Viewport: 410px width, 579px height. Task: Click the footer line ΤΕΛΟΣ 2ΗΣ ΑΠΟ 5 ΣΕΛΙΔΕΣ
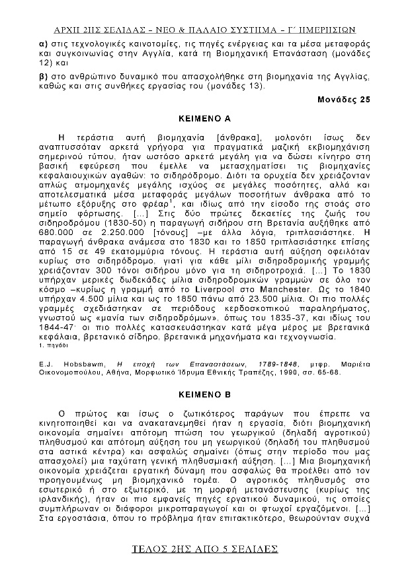(x=204, y=549)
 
